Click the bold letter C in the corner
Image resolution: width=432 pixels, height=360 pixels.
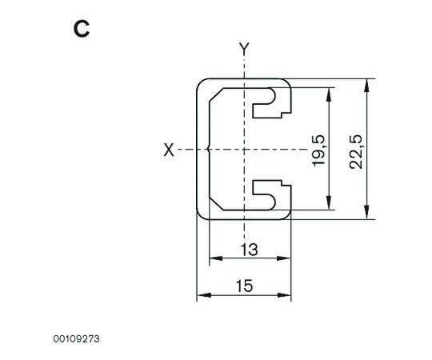tap(82, 30)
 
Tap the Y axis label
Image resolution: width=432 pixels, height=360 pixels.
tap(244, 48)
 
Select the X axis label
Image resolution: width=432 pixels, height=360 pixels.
tap(169, 150)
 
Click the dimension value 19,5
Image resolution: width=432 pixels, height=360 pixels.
tap(319, 150)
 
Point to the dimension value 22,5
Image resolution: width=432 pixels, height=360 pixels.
tap(357, 151)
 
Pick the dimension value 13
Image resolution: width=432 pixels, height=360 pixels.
tap(250, 250)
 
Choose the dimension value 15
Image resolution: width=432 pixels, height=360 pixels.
tap(244, 286)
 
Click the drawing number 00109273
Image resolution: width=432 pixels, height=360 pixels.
tap(76, 338)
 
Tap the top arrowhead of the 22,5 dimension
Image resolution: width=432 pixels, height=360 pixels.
tap(366, 86)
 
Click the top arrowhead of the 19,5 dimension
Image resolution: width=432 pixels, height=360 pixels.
tap(329, 94)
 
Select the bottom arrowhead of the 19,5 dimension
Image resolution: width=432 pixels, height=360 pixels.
tap(329, 203)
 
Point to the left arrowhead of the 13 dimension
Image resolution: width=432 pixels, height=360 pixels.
tap(216, 258)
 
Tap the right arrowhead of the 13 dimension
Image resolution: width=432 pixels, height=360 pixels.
tap(284, 258)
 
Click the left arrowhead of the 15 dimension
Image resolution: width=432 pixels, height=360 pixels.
tap(204, 295)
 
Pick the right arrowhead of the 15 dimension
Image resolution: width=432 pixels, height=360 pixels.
tap(284, 295)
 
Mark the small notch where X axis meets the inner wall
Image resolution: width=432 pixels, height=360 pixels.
tap(208, 150)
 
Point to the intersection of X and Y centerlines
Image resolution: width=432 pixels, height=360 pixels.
tap(244, 150)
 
